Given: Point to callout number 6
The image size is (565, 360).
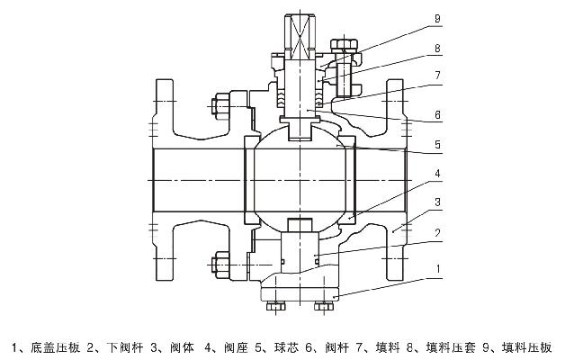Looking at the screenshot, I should coord(435,116).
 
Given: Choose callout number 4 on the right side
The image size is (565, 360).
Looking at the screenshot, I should coord(435,173).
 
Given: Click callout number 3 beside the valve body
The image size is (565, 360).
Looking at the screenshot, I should coord(435,202).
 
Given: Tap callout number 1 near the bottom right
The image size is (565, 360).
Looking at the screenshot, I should coord(435,268).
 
